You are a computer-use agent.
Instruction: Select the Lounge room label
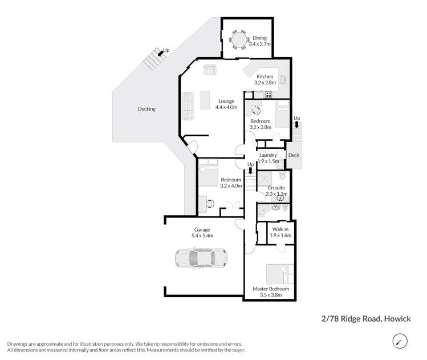225,102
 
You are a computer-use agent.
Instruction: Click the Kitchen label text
265,76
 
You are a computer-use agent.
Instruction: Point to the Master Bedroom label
271,289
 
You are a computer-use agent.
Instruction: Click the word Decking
147,108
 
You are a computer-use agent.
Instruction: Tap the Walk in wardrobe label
280,229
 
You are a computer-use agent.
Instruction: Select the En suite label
276,188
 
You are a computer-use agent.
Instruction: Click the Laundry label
268,155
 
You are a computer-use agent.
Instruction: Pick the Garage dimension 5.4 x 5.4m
202,236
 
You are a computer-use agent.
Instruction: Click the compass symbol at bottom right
400,341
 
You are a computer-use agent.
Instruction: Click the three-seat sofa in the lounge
188,106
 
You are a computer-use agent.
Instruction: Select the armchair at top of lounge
210,70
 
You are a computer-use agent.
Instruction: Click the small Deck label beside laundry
294,155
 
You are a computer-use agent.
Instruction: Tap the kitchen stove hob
269,94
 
